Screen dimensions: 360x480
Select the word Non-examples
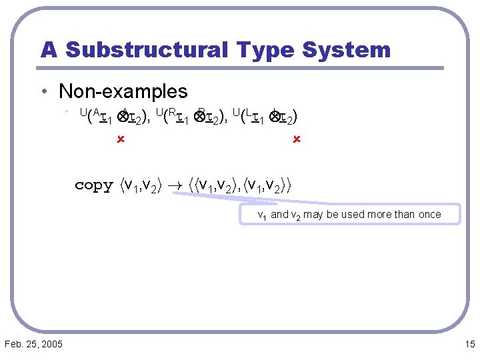(x=123, y=91)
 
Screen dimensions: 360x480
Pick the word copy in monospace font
(x=94, y=185)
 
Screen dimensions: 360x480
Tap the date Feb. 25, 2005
(x=33, y=344)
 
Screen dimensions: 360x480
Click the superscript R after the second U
(x=171, y=113)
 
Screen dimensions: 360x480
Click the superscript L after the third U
(x=248, y=113)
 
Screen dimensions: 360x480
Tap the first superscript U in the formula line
(x=83, y=113)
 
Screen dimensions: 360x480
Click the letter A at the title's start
(x=49, y=49)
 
